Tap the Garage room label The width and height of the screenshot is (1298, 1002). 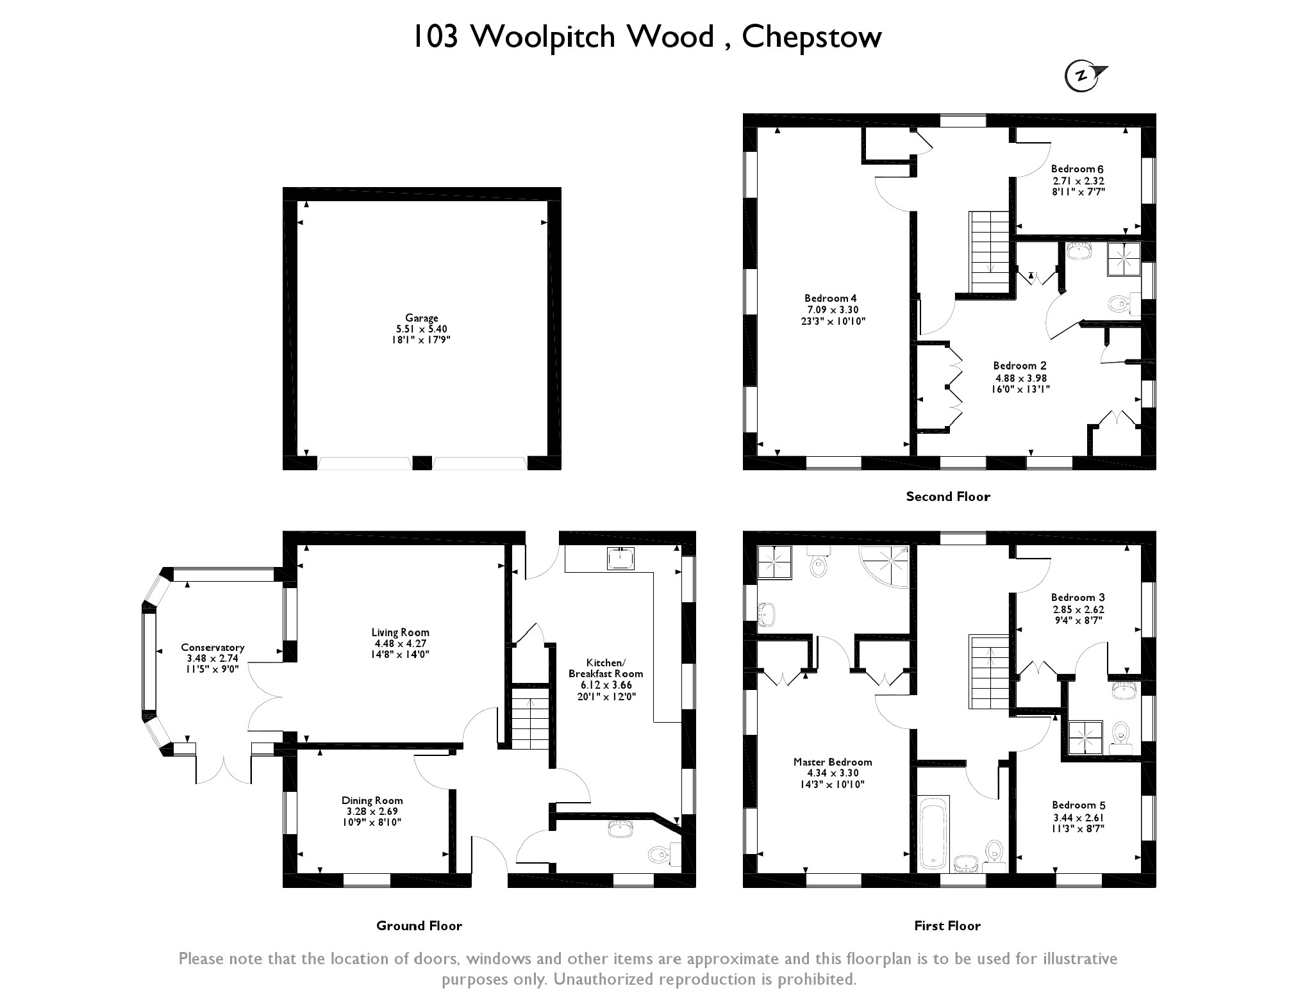pyautogui.click(x=421, y=318)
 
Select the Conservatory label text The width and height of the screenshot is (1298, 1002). pyautogui.click(x=212, y=648)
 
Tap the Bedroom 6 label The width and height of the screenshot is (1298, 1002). pyautogui.click(x=1077, y=169)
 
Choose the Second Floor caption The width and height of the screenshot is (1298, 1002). pyautogui.click(x=947, y=497)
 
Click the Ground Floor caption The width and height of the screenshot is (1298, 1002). pyautogui.click(x=419, y=926)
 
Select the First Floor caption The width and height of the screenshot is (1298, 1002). pyautogui.click(x=947, y=926)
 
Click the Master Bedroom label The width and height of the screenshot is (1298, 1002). pyautogui.click(x=832, y=762)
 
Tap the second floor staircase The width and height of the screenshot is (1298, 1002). pyautogui.click(x=991, y=252)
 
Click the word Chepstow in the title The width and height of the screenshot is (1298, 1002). pyautogui.click(x=811, y=37)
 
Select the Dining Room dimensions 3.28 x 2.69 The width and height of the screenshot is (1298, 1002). pyautogui.click(x=372, y=811)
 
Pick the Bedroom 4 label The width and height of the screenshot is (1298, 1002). pyautogui.click(x=830, y=299)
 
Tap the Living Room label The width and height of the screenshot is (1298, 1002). pyautogui.click(x=401, y=633)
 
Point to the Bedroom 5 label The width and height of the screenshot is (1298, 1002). pyautogui.click(x=1078, y=805)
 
